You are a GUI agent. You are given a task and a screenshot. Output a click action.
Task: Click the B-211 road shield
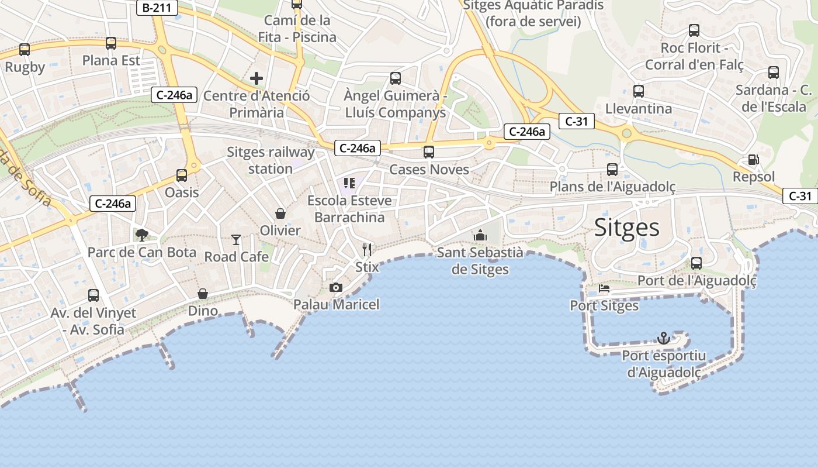157,8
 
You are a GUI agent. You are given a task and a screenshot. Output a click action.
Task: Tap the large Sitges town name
626,228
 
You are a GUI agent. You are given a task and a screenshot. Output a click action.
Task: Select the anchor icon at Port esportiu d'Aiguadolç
663,338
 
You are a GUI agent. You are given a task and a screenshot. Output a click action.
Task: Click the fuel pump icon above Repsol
754,160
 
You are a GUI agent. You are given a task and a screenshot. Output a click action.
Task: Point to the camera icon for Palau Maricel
336,287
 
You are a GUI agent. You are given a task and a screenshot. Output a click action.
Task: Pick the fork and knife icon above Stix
367,250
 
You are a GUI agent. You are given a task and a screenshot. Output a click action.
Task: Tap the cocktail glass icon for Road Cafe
236,239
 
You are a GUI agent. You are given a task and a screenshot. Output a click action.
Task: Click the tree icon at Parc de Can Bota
141,235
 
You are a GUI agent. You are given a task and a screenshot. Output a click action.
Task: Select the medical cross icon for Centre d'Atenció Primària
257,78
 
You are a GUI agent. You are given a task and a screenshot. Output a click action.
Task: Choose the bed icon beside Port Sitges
604,288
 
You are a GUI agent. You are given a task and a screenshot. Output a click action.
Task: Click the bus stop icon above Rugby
25,50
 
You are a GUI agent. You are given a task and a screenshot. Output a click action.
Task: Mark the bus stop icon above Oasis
182,175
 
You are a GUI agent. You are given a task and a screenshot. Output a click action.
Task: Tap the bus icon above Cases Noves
429,152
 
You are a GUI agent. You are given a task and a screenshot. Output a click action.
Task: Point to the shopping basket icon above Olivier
280,214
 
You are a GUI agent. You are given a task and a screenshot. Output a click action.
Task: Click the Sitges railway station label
271,160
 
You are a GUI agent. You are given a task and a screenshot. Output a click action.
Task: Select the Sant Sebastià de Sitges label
480,261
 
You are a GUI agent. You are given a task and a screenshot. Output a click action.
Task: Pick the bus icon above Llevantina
639,91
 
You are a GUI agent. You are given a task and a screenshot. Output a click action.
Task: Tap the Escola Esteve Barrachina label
349,209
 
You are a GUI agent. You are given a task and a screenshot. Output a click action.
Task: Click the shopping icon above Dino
203,294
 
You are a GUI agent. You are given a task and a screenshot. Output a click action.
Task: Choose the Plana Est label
111,60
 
